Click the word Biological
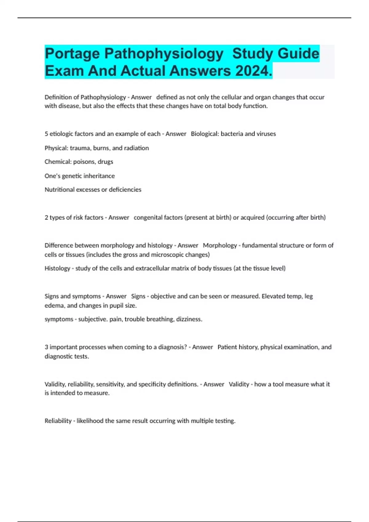[x=204, y=134]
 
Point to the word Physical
[x=56, y=148]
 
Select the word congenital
[x=147, y=218]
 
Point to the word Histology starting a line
[x=58, y=268]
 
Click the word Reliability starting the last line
[x=58, y=421]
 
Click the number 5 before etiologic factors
[x=46, y=134]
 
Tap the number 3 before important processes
[x=46, y=347]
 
